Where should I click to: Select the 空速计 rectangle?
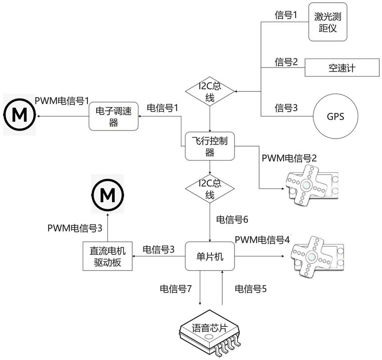[342, 68]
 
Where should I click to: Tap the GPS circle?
[335, 116]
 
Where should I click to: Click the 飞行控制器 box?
[210, 146]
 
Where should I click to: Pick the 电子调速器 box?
[113, 116]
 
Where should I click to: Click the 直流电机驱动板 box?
[108, 257]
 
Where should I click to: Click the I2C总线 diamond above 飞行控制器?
[210, 91]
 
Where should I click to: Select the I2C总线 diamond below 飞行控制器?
[210, 189]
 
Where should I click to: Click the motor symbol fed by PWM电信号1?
[20, 115]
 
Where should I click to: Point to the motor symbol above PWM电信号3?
[108, 196]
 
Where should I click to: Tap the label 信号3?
[286, 108]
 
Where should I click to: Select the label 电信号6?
[232, 220]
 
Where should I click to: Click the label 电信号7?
[176, 288]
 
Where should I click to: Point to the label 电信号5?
[251, 288]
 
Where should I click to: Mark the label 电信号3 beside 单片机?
[159, 249]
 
